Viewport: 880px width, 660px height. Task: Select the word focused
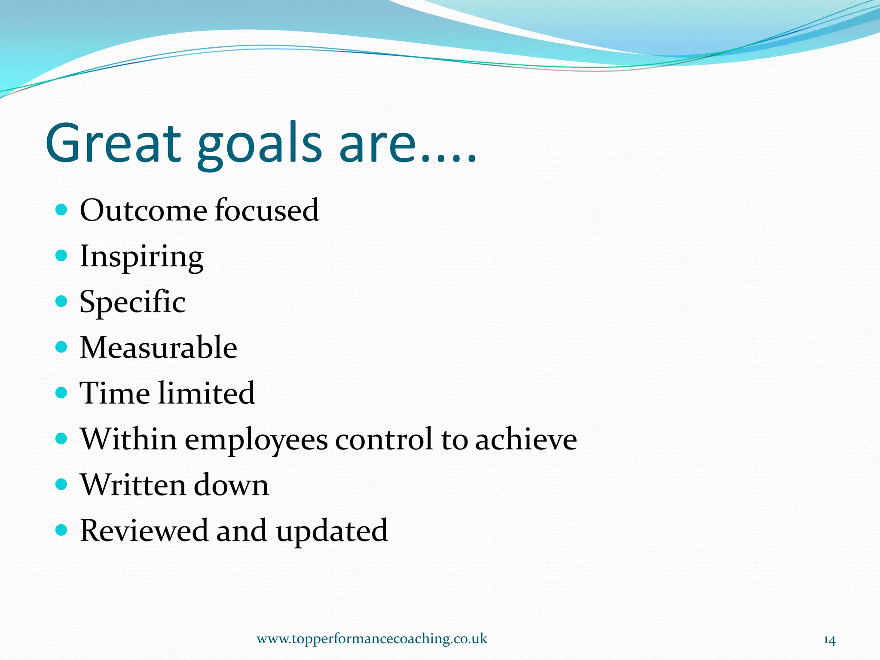(x=267, y=210)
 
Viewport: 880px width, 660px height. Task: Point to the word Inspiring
(x=141, y=257)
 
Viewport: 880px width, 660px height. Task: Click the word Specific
(x=132, y=302)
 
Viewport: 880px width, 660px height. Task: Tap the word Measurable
(x=158, y=347)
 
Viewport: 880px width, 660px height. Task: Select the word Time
(x=115, y=393)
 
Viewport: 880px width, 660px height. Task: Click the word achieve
(x=526, y=439)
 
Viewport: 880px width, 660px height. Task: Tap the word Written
(x=132, y=485)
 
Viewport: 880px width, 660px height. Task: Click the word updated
(x=332, y=531)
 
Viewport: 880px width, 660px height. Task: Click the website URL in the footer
(x=372, y=639)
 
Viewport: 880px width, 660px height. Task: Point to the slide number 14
(x=829, y=640)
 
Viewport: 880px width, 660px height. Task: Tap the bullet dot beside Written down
(x=62, y=484)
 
